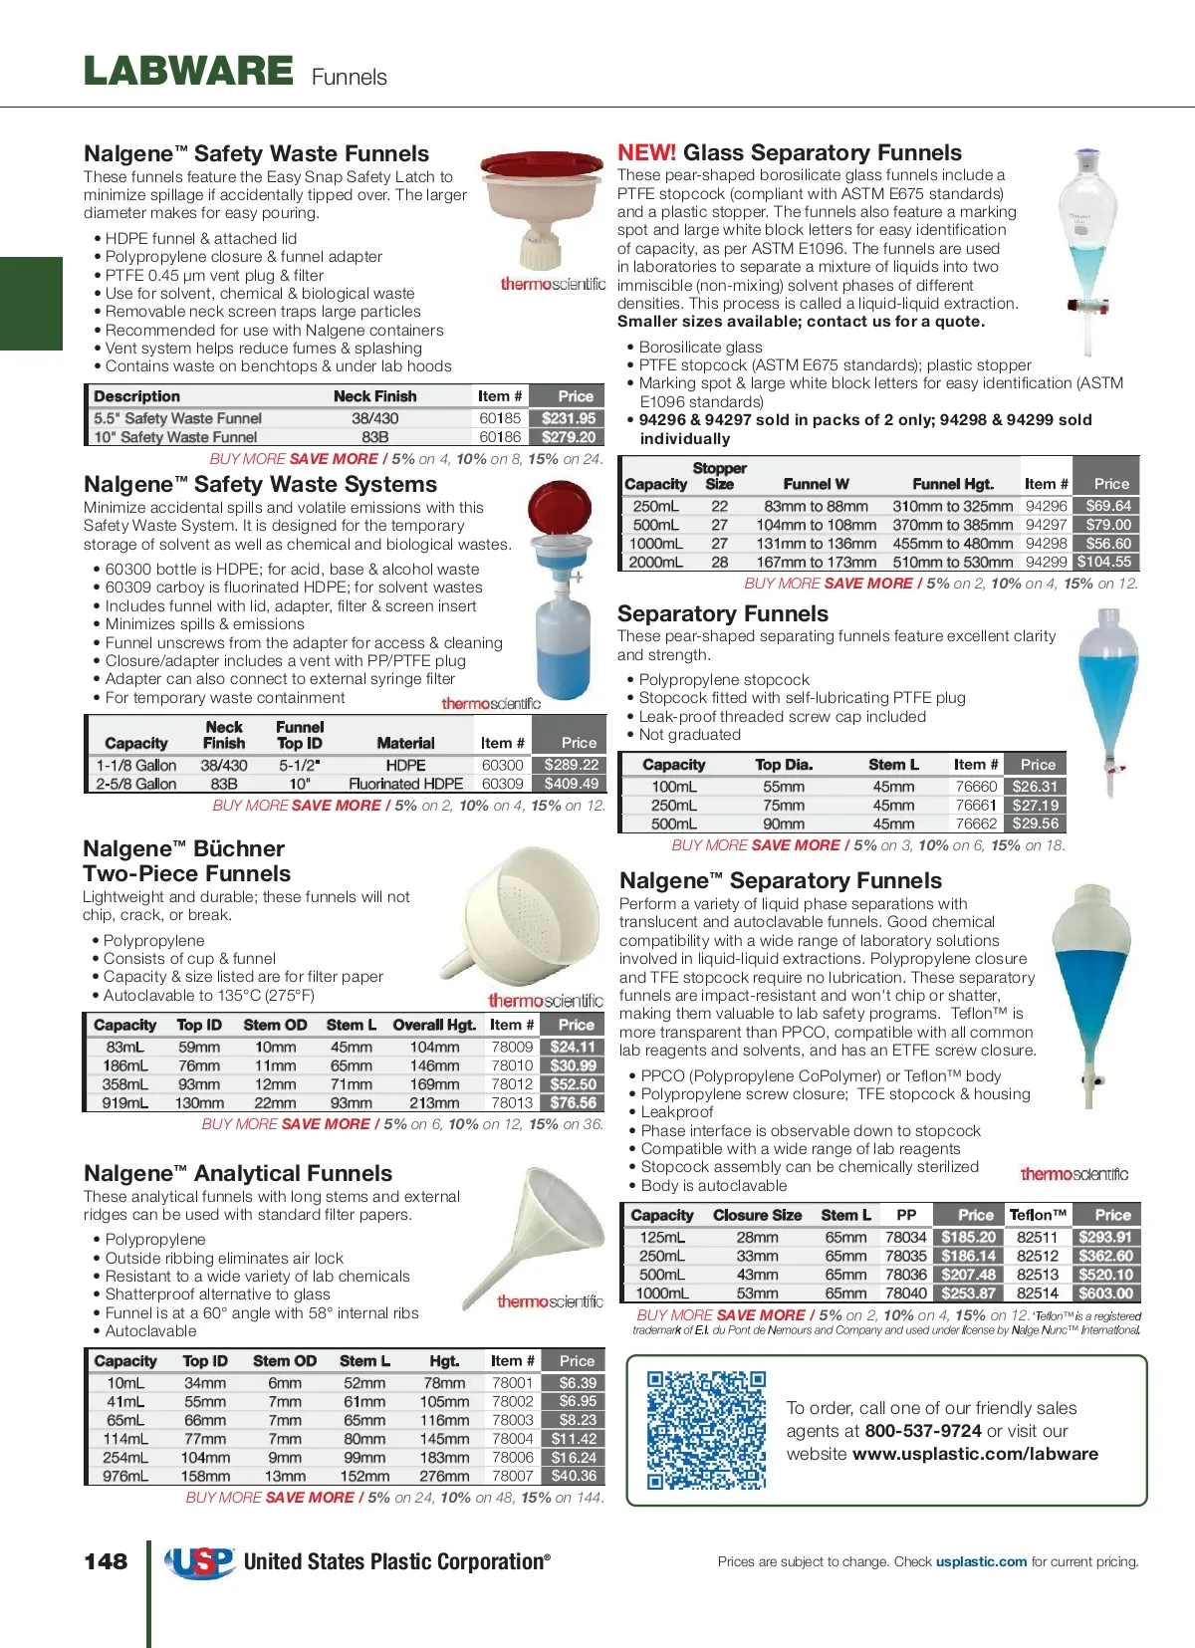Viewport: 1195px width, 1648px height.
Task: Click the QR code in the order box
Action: coord(706,1429)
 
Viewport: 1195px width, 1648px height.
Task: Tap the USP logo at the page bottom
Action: coord(199,1562)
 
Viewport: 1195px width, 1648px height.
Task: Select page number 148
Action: coord(106,1561)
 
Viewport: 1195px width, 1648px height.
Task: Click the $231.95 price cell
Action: coord(569,418)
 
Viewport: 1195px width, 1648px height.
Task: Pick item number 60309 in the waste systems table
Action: coord(502,784)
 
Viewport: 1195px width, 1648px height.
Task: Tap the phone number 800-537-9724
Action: coord(923,1431)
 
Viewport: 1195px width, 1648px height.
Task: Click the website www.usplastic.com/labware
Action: coord(975,1454)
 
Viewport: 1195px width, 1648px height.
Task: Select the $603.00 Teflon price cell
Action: coord(1105,1293)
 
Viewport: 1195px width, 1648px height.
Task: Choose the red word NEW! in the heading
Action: coord(646,152)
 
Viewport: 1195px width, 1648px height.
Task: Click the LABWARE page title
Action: coord(188,72)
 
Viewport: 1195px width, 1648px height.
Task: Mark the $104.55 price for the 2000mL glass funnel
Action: coord(1104,562)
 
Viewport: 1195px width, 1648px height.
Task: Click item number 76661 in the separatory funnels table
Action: coord(976,805)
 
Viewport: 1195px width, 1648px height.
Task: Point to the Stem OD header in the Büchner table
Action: coord(275,1025)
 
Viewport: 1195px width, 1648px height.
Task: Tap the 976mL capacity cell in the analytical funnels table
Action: coord(125,1476)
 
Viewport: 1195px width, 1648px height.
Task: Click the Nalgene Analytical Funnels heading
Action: coord(238,1173)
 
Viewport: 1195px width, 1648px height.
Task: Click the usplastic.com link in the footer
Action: coord(981,1561)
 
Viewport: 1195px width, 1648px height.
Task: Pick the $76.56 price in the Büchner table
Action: coord(574,1102)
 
